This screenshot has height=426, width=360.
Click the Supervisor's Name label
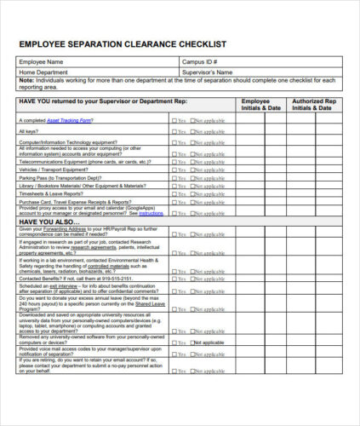209,72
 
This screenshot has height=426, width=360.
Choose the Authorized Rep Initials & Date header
313,105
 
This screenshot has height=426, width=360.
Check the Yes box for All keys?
174,131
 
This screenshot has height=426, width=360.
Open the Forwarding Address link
62,228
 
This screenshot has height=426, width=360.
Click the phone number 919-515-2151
115,278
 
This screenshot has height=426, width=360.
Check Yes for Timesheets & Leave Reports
174,193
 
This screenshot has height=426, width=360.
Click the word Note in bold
26,81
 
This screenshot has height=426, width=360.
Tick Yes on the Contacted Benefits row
174,278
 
